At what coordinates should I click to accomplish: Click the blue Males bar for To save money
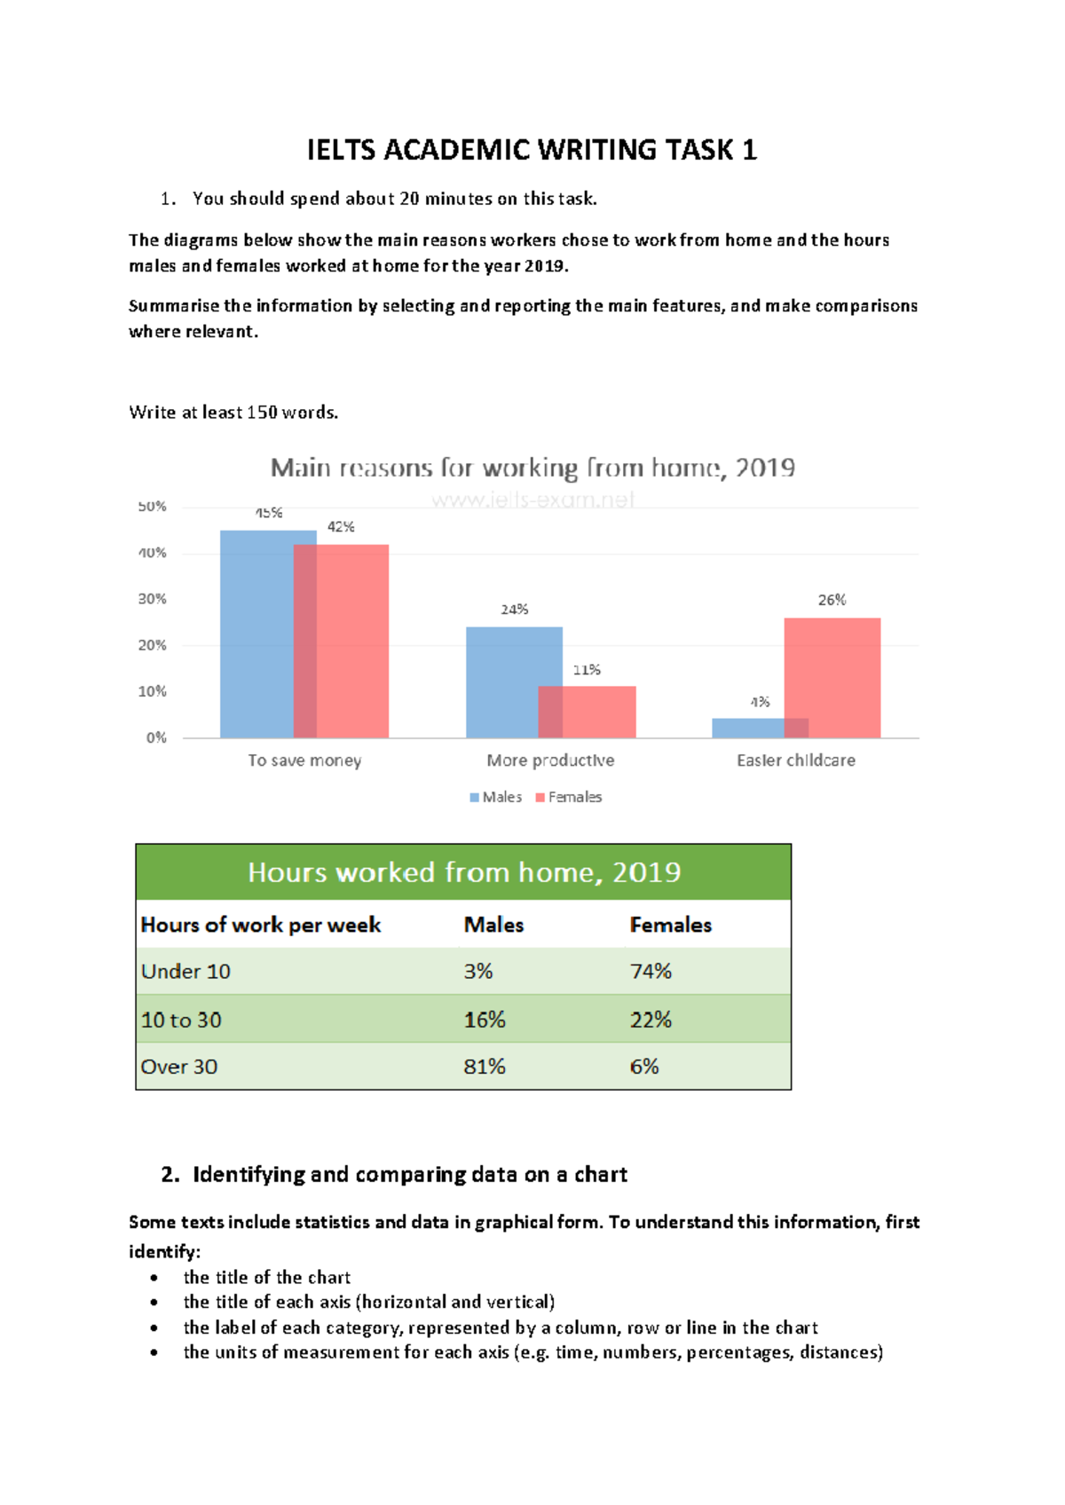click(x=256, y=634)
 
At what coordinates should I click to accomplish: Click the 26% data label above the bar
click(x=832, y=600)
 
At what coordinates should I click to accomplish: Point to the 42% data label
click(x=341, y=526)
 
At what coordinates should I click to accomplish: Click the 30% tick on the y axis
click(x=152, y=599)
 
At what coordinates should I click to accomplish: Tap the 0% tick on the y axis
click(x=156, y=737)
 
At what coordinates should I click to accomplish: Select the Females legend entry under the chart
click(x=569, y=797)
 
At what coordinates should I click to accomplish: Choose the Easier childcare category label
click(x=796, y=760)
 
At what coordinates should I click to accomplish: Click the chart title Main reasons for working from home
click(x=532, y=468)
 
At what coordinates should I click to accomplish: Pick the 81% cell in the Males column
click(x=485, y=1067)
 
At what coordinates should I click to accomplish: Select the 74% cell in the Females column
click(x=651, y=972)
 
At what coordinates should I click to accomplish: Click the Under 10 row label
click(x=185, y=972)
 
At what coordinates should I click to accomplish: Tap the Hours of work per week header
click(x=261, y=925)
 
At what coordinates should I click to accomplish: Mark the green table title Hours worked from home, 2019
click(x=463, y=872)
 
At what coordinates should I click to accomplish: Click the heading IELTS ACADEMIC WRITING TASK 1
click(x=532, y=150)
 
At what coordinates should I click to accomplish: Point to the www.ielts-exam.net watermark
click(x=532, y=500)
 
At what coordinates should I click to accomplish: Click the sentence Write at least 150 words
click(x=233, y=413)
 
